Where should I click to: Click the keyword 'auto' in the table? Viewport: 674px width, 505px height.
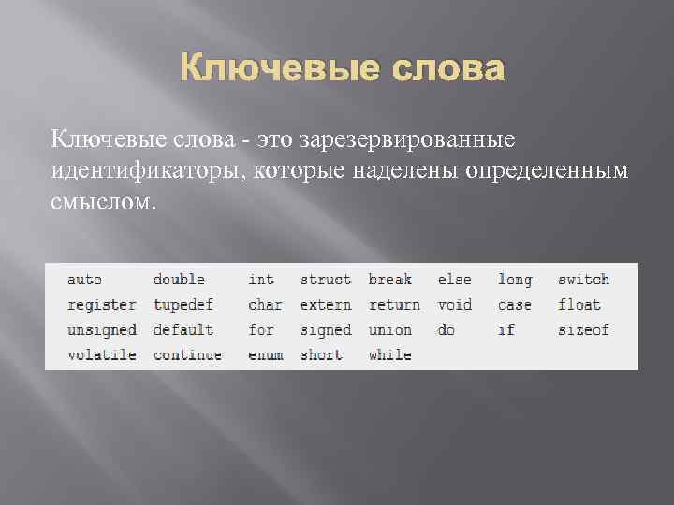click(x=84, y=280)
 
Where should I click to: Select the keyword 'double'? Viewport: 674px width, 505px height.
click(x=179, y=280)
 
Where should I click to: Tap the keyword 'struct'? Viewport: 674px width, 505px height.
click(x=326, y=280)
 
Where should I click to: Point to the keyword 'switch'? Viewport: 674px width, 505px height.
click(x=583, y=280)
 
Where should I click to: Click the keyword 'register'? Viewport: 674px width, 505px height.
click(x=101, y=305)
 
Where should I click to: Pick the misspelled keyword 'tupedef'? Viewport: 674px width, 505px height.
click(x=183, y=305)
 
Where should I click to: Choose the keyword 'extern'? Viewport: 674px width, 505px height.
click(x=326, y=305)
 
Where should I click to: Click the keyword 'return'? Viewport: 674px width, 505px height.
click(x=394, y=305)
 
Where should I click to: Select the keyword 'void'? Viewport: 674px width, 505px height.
click(x=455, y=305)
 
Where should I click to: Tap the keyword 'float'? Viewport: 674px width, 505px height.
click(x=579, y=305)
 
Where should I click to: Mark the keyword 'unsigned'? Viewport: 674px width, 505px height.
click(x=101, y=330)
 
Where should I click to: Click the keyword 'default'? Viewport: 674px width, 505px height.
click(x=183, y=330)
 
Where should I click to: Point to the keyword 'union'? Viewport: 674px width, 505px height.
click(x=389, y=330)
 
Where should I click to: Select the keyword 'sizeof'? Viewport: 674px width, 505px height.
click(x=583, y=330)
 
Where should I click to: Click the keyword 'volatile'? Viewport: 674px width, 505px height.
click(x=101, y=355)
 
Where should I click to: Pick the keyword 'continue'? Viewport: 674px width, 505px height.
click(x=187, y=355)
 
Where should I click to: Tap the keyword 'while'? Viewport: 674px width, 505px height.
click(x=389, y=355)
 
